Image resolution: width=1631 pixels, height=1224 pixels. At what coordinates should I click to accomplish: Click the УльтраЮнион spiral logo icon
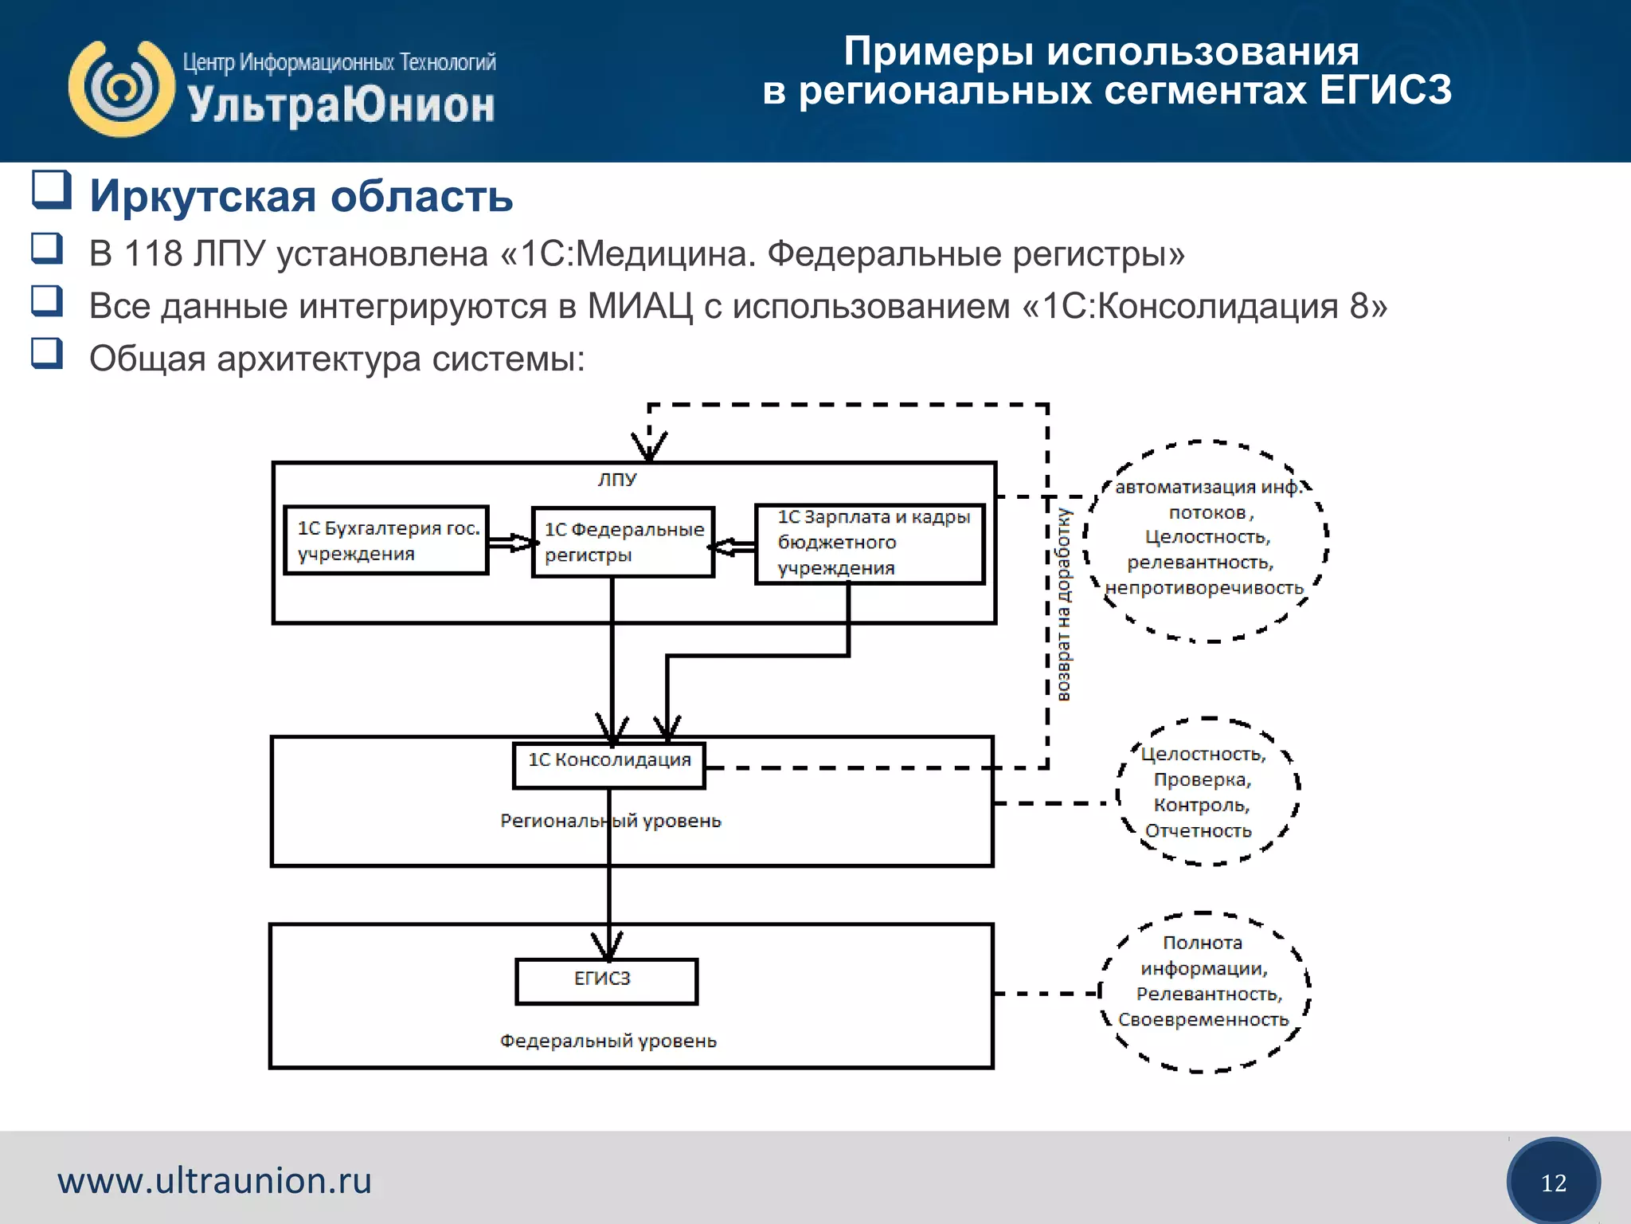(121, 88)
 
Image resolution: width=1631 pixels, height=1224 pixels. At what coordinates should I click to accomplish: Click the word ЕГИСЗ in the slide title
(1385, 90)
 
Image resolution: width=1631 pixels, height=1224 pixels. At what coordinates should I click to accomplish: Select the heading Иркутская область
(301, 196)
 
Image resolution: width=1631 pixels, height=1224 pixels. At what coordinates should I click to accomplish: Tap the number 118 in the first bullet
(154, 254)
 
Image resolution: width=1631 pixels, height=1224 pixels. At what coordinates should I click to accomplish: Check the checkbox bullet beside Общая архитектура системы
(47, 353)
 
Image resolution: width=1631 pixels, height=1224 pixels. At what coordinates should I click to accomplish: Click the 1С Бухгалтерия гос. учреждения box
(386, 540)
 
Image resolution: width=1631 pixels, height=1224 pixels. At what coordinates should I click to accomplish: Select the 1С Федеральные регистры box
(623, 542)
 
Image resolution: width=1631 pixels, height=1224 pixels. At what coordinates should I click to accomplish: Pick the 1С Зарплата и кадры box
(870, 543)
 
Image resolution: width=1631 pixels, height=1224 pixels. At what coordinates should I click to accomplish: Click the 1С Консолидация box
(609, 765)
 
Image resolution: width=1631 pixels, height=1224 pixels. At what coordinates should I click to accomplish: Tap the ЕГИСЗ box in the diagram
(606, 981)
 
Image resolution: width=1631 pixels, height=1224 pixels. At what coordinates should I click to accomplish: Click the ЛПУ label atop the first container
(617, 480)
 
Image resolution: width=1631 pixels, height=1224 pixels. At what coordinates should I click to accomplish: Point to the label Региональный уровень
(610, 821)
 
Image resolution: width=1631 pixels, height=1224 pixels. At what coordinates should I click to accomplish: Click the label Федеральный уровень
(608, 1041)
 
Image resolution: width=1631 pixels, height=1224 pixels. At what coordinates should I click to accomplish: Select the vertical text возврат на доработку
(1064, 606)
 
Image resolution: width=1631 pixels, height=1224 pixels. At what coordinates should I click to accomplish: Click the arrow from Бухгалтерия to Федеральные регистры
(510, 543)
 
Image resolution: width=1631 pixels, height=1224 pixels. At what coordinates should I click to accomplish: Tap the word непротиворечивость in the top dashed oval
(1204, 588)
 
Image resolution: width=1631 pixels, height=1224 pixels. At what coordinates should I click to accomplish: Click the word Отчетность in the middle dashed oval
(1198, 831)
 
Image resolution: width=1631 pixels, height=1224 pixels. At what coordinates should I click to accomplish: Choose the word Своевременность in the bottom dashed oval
(1203, 1020)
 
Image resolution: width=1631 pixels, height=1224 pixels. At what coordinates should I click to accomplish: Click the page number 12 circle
(1553, 1183)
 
